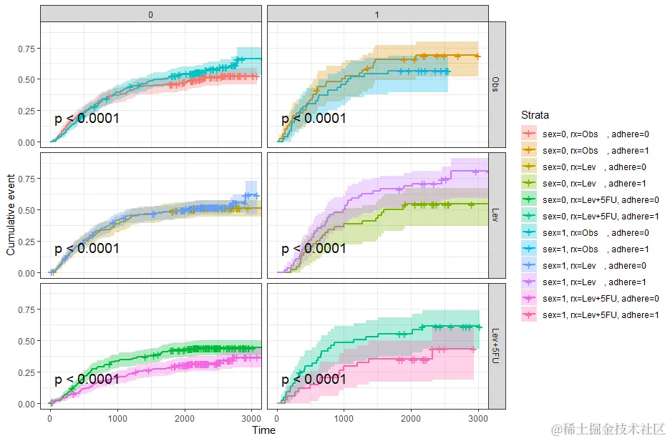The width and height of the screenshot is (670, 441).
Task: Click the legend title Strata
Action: [535, 114]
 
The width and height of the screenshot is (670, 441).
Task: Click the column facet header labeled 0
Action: [151, 14]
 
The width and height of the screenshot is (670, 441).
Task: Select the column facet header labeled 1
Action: [377, 14]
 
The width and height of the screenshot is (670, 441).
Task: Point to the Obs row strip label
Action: [497, 84]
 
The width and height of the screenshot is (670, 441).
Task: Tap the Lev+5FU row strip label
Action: [497, 346]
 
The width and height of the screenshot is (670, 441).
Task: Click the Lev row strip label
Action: [497, 215]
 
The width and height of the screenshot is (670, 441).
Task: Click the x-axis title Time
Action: [263, 430]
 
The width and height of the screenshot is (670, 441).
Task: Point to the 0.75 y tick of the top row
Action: [26, 49]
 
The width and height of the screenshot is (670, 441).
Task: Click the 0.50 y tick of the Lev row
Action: [26, 210]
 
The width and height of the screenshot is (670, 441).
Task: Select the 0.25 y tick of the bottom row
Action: [26, 372]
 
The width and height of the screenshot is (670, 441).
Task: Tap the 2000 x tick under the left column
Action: [185, 418]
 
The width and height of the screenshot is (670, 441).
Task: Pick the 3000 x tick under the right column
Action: [478, 418]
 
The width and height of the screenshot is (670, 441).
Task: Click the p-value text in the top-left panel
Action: [87, 118]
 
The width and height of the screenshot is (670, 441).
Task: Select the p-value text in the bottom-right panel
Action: [314, 379]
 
